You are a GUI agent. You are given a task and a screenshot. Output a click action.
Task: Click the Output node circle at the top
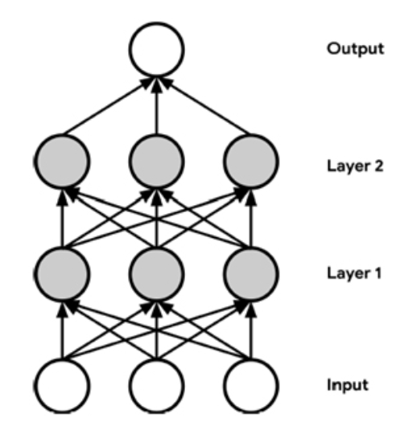click(157, 47)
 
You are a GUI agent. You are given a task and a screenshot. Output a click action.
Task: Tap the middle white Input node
click(157, 383)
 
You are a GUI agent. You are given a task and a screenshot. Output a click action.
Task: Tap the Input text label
click(347, 383)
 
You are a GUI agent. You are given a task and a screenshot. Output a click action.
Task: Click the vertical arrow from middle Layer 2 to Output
click(157, 104)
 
